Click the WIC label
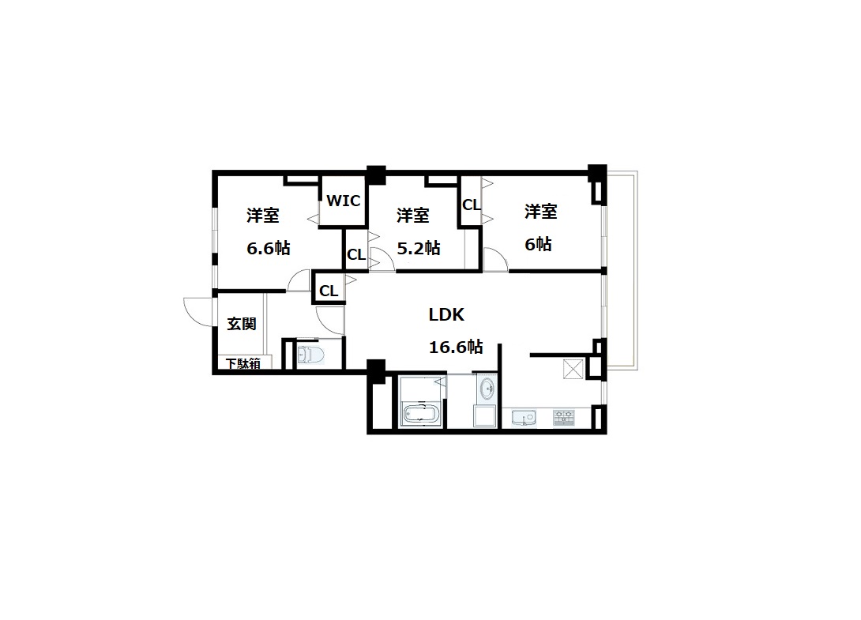pyautogui.click(x=344, y=201)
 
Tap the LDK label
pyautogui.click(x=446, y=314)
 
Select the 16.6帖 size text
pyautogui.click(x=456, y=347)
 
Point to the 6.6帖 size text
pyautogui.click(x=268, y=248)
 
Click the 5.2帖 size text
pyautogui.click(x=419, y=248)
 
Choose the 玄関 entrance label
pyautogui.click(x=242, y=324)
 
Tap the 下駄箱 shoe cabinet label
pyautogui.click(x=243, y=363)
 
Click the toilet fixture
pyautogui.click(x=310, y=354)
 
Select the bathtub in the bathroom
pyautogui.click(x=421, y=413)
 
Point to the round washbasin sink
pyautogui.click(x=487, y=389)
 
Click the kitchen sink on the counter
pyautogui.click(x=524, y=417)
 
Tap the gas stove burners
pyautogui.click(x=563, y=417)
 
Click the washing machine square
pyautogui.click(x=486, y=415)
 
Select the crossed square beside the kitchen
pyautogui.click(x=573, y=369)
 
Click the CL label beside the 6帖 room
pyautogui.click(x=471, y=205)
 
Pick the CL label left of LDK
pyautogui.click(x=329, y=291)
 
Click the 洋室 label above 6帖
pyautogui.click(x=541, y=212)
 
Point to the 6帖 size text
pyautogui.click(x=538, y=244)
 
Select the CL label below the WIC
pyautogui.click(x=355, y=255)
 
